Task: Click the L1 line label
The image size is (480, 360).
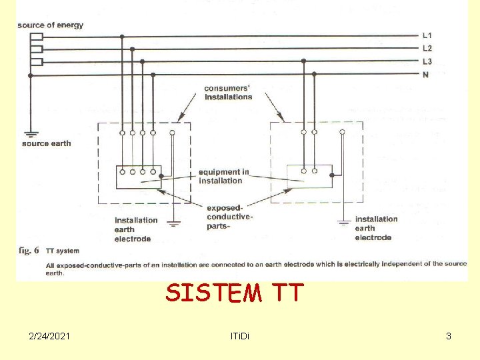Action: click(x=427, y=35)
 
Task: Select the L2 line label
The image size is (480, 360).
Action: click(x=427, y=48)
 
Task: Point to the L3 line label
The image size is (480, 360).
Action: click(x=427, y=61)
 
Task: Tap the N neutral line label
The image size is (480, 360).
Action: click(x=425, y=75)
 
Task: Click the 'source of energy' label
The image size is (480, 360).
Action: click(x=51, y=25)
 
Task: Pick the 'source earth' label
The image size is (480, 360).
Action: click(x=46, y=143)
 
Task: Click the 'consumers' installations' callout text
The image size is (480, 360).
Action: click(x=228, y=93)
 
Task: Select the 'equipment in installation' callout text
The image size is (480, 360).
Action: click(x=224, y=176)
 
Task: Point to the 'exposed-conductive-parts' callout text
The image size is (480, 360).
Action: click(x=229, y=217)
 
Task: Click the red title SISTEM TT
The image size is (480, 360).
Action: click(x=235, y=293)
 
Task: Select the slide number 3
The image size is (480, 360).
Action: click(x=449, y=336)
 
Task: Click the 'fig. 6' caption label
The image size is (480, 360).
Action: click(x=29, y=251)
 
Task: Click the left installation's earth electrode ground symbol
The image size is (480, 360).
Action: click(x=173, y=221)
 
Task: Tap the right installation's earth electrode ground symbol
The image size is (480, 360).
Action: click(x=343, y=220)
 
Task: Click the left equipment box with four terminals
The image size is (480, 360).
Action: click(x=138, y=177)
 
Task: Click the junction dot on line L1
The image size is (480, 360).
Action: click(x=121, y=36)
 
